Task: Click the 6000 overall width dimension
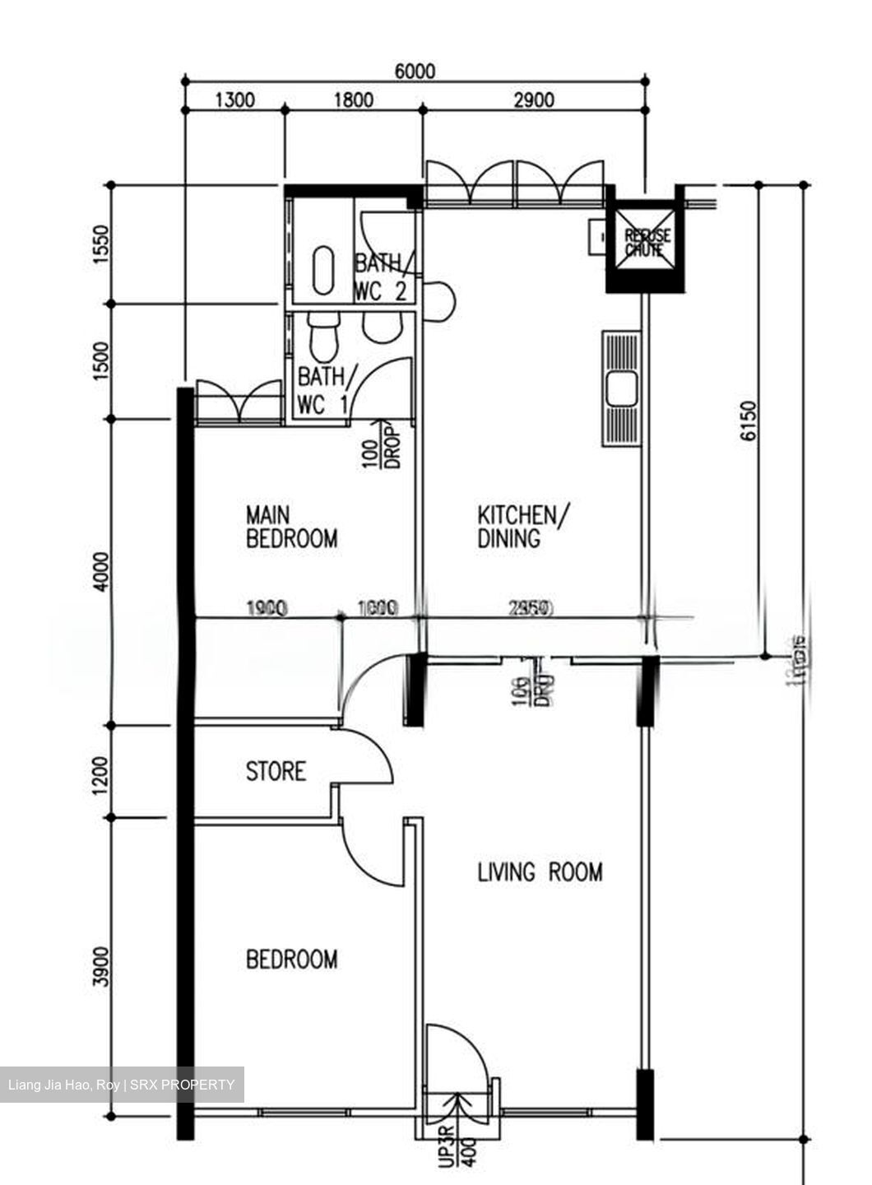415,71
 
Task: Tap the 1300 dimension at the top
234,100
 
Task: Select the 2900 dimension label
533,100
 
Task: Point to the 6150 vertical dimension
747,421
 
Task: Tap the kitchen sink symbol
621,388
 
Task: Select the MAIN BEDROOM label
291,527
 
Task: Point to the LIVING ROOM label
540,872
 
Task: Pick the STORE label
276,772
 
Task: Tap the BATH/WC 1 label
326,390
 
